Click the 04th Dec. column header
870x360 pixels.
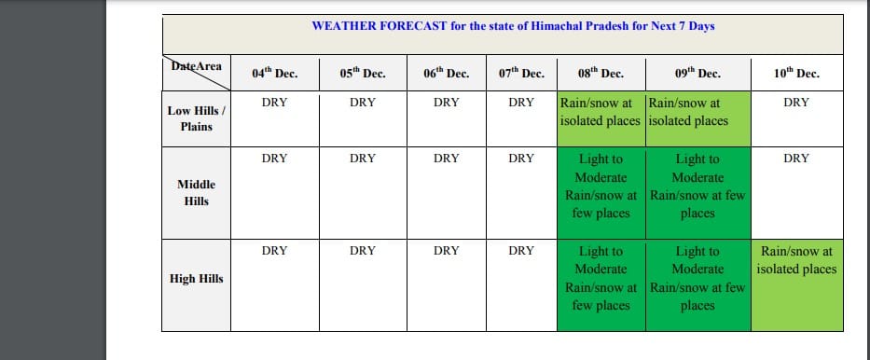tap(275, 74)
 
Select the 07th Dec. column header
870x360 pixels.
tap(521, 74)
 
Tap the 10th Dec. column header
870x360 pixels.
tap(796, 74)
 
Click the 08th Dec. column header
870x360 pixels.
tap(601, 74)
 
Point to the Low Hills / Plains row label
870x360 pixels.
tap(197, 118)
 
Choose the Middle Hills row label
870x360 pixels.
tap(197, 192)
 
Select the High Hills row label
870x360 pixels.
tap(197, 279)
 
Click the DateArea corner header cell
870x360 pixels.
tap(197, 73)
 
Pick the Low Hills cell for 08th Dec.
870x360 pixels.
tap(601, 118)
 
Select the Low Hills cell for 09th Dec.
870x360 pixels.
tap(698, 118)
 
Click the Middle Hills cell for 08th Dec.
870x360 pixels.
tap(601, 193)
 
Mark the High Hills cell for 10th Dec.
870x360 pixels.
tap(796, 285)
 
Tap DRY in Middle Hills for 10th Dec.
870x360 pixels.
tap(796, 159)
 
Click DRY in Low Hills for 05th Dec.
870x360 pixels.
tap(363, 103)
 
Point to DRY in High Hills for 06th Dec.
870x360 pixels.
tap(446, 251)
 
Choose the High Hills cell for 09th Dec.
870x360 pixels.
tap(698, 285)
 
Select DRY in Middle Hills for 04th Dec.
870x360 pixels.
tap(275, 159)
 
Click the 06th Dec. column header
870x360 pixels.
tap(446, 74)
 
